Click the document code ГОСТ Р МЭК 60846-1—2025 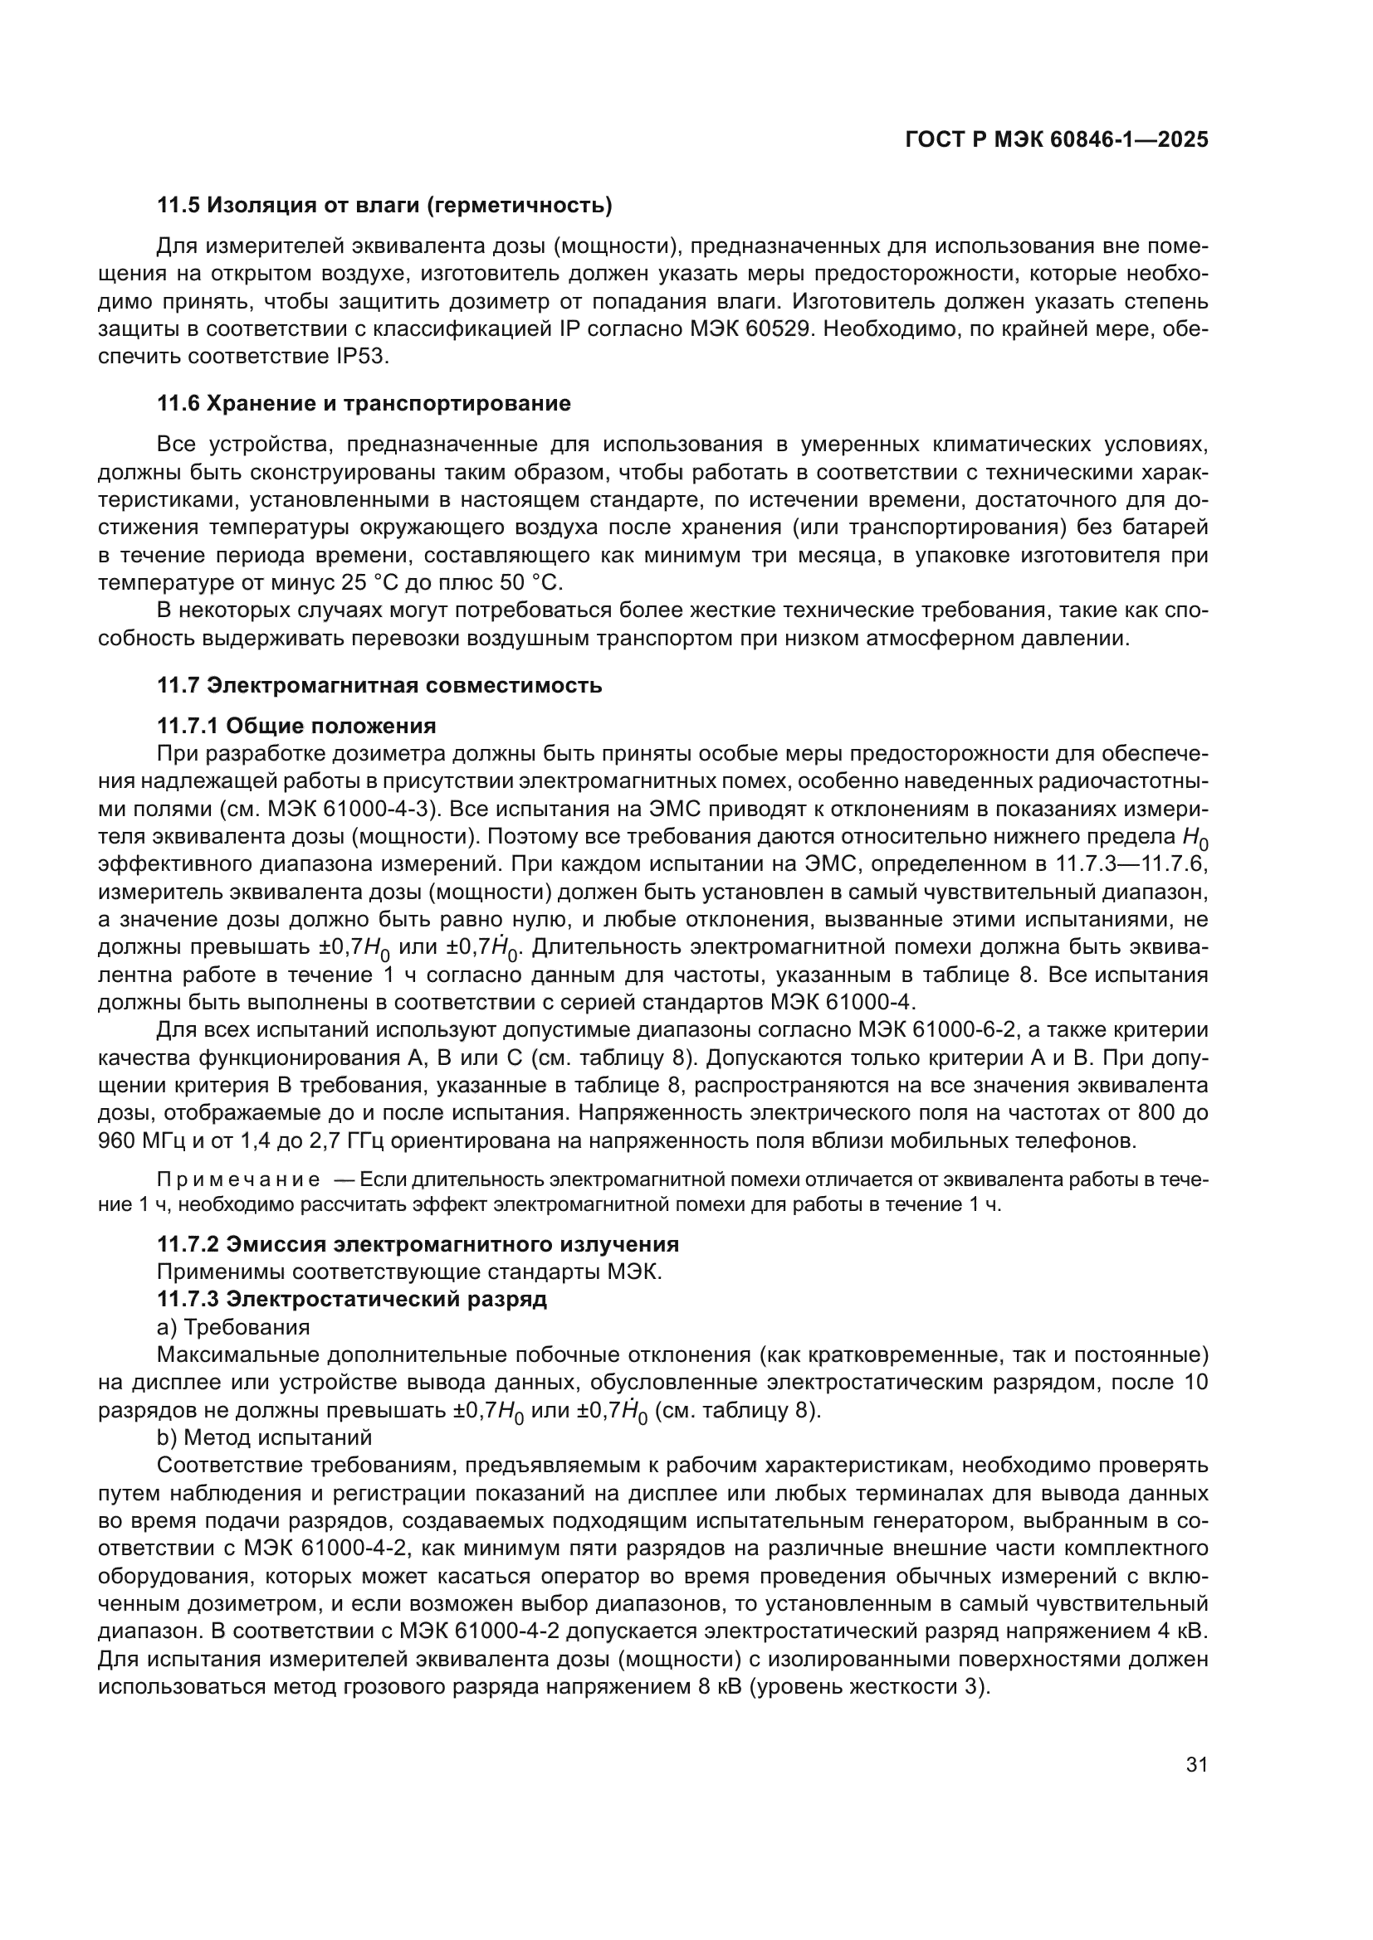pyautogui.click(x=1056, y=139)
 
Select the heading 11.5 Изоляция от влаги pyautogui.click(x=384, y=206)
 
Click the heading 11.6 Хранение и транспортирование pyautogui.click(x=364, y=403)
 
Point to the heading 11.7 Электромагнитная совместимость pyautogui.click(x=379, y=685)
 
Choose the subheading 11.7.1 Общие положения pyautogui.click(x=296, y=726)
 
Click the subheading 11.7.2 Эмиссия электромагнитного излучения pyautogui.click(x=418, y=1245)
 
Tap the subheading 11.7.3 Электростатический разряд pyautogui.click(x=352, y=1300)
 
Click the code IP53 pyautogui.click(x=357, y=357)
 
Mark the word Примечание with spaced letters pyautogui.click(x=238, y=1180)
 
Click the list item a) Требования pyautogui.click(x=233, y=1327)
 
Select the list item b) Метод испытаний pyautogui.click(x=264, y=1437)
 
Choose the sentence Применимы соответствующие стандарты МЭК pyautogui.click(x=409, y=1271)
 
